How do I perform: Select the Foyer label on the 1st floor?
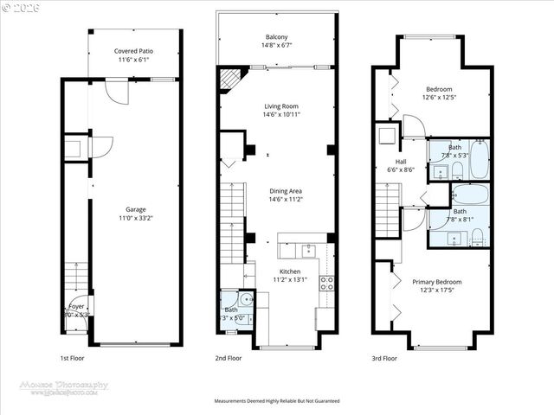pos(76,306)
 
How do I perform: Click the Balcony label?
pos(277,36)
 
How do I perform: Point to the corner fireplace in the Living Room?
pos(229,80)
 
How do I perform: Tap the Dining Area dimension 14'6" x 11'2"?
pos(285,199)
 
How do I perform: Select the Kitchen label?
pos(290,271)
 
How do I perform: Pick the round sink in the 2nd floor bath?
pos(246,302)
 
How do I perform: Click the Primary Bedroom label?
pos(436,282)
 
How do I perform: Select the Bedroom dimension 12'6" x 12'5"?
pos(439,97)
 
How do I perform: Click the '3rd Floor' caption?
pos(384,357)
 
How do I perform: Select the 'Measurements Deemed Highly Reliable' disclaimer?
pos(277,401)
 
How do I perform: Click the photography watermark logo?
pos(65,386)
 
